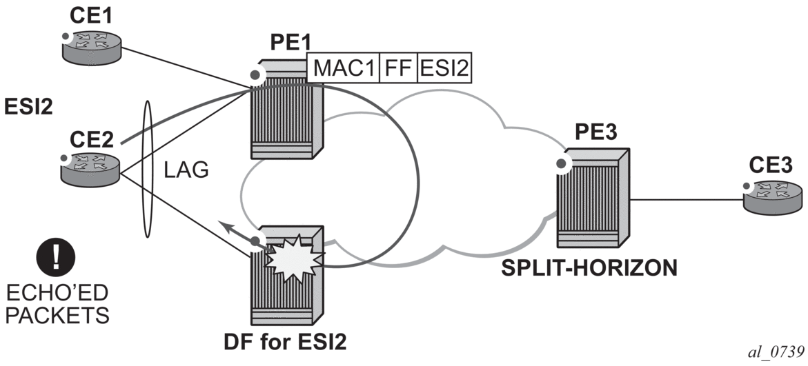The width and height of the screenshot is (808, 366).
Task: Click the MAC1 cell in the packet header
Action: [x=343, y=69]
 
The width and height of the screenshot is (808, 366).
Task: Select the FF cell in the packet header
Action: [x=399, y=69]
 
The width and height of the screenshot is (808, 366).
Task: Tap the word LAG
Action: [x=186, y=170]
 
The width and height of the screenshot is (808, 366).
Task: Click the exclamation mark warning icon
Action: [x=57, y=258]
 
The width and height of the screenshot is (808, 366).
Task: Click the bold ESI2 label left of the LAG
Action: [x=27, y=107]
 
